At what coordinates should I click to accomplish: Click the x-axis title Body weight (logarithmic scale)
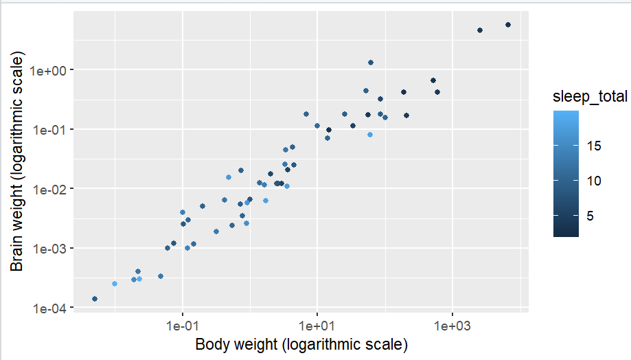click(302, 344)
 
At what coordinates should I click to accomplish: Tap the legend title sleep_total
click(590, 98)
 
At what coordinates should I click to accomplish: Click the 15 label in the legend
click(595, 146)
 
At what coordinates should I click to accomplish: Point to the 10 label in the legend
click(595, 181)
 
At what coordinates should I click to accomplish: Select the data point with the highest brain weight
click(508, 25)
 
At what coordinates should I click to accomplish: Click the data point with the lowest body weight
click(94, 299)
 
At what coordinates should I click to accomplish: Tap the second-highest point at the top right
click(480, 30)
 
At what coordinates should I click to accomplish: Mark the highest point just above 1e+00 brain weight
click(371, 63)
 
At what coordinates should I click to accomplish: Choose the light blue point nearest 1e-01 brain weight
click(370, 135)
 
